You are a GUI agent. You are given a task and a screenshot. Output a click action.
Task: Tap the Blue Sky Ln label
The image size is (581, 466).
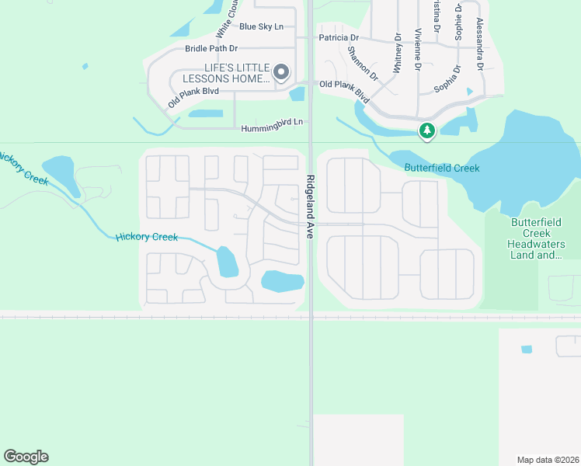pos(261,26)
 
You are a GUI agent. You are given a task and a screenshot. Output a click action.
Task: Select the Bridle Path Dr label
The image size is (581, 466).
pos(210,48)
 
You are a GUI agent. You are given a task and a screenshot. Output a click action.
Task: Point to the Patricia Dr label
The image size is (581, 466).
pos(339,37)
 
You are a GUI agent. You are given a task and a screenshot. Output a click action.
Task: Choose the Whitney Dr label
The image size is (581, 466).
pos(398,53)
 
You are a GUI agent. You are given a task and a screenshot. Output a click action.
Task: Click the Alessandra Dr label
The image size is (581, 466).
pos(480,44)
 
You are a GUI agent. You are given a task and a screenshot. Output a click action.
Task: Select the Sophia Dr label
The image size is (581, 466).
pos(448,79)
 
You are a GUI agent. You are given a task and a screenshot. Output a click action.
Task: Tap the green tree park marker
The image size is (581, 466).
pos(426,131)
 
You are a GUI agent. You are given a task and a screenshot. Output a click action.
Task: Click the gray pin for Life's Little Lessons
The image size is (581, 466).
pos(282,73)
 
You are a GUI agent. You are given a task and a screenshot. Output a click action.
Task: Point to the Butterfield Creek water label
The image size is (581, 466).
pos(441,168)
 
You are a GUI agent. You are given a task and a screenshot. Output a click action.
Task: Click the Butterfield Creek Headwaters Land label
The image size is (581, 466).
pos(537,238)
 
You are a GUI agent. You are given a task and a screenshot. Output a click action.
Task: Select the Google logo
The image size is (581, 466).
pos(26,457)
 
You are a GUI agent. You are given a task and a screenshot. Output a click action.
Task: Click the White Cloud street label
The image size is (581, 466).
pos(225,20)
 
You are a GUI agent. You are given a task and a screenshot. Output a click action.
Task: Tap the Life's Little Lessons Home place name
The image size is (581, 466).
pos(226,74)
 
